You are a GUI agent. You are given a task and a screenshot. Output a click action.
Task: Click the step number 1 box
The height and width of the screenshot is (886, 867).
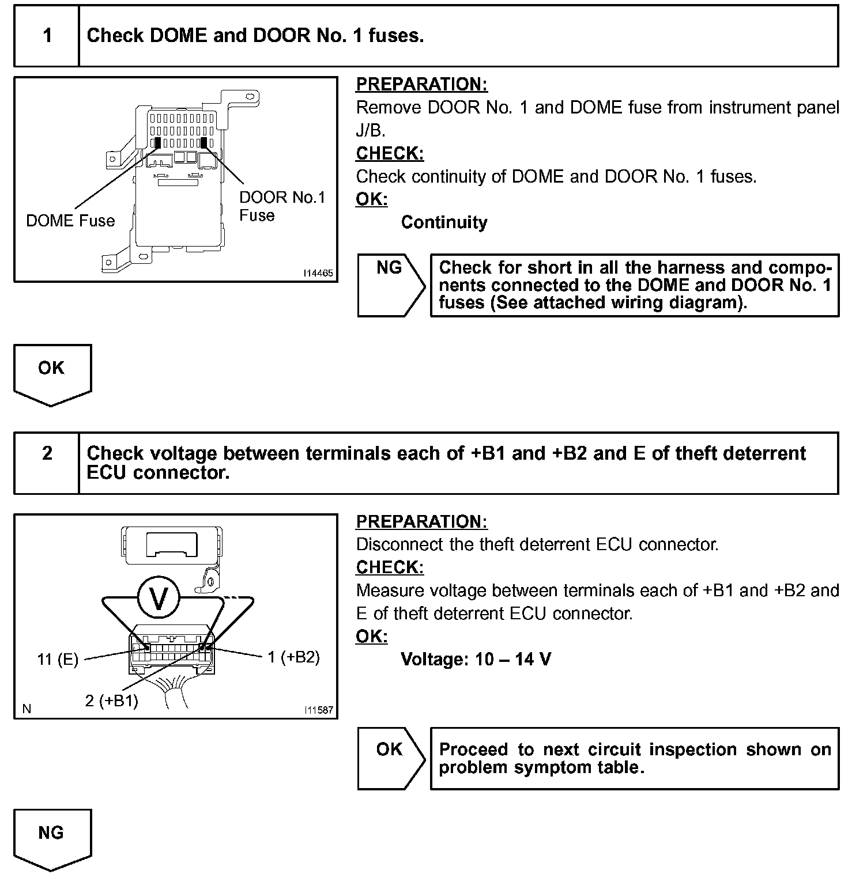pos(47,36)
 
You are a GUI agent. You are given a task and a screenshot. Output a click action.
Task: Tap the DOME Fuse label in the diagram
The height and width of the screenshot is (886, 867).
pos(70,221)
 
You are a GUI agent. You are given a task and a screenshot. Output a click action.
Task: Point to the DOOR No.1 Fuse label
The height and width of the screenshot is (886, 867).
pos(282,206)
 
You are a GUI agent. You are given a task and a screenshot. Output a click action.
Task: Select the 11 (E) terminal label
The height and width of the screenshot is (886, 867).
pos(58,660)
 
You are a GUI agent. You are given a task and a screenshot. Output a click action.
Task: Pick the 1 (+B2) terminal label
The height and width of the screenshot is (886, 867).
pos(293,657)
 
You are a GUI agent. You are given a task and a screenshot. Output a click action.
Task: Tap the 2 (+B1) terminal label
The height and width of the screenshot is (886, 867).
pos(111,701)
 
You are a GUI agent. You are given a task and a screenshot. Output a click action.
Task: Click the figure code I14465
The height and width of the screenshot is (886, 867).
pos(318,274)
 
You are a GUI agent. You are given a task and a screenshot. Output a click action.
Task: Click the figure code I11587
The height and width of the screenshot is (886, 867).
pos(318,710)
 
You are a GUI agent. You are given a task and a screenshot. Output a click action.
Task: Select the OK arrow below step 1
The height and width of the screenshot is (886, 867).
pos(51,373)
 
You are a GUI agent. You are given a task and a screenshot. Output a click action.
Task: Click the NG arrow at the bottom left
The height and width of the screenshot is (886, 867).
pos(51,838)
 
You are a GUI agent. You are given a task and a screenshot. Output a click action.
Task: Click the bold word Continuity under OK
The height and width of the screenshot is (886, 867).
pos(444,222)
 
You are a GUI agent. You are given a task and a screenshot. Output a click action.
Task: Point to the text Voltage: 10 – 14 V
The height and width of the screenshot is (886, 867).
pos(476,659)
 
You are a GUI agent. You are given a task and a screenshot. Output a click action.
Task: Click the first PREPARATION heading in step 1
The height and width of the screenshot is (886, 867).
pos(421,85)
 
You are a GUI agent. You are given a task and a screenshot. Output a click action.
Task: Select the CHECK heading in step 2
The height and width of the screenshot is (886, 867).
pos(390,567)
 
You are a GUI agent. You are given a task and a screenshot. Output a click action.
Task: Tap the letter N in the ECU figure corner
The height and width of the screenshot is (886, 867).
pos(27,709)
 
